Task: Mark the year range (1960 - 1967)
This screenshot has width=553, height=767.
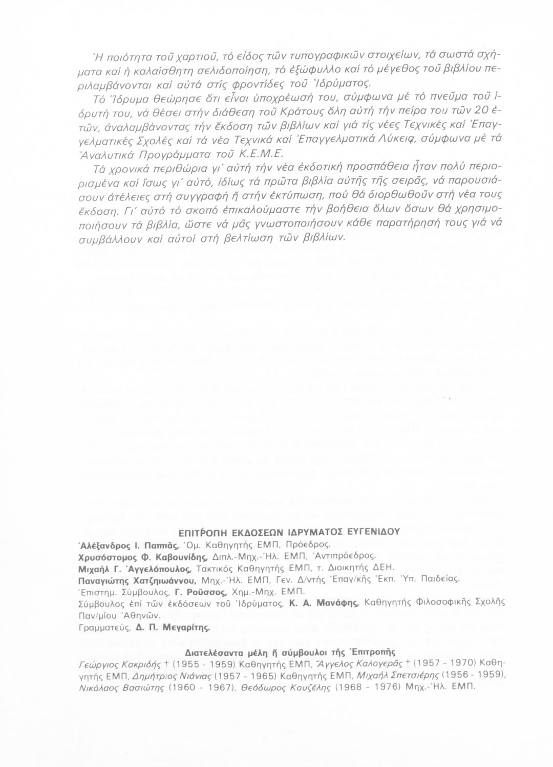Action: (x=161, y=688)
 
